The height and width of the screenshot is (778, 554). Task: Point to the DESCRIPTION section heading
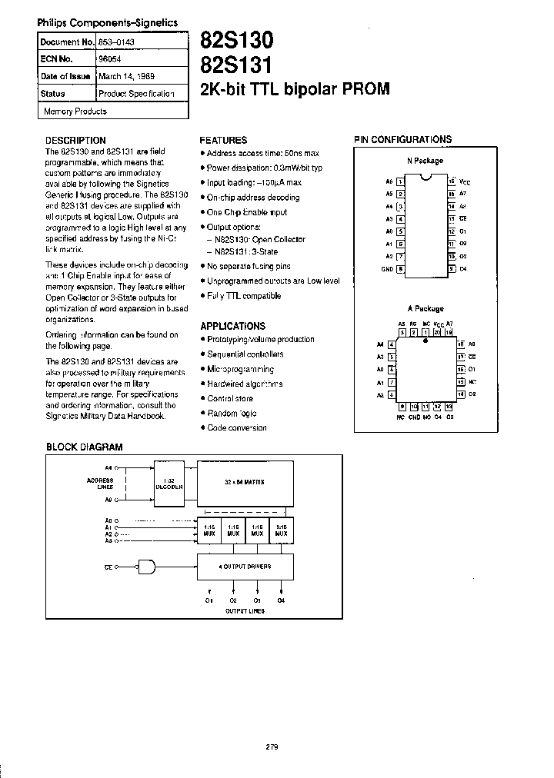pos(75,141)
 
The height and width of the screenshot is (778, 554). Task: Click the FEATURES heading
pos(223,141)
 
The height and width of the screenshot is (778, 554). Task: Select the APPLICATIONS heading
pos(232,326)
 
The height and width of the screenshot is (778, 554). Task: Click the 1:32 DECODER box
pos(169,484)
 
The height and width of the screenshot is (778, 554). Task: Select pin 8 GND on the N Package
pos(400,269)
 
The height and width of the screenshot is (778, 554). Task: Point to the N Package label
pos(425,161)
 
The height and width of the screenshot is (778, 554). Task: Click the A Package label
pos(425,309)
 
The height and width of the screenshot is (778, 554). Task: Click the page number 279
pos(271,746)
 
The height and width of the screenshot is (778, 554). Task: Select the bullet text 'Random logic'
pos(232,413)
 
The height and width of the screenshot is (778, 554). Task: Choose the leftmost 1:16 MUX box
pos(209,530)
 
